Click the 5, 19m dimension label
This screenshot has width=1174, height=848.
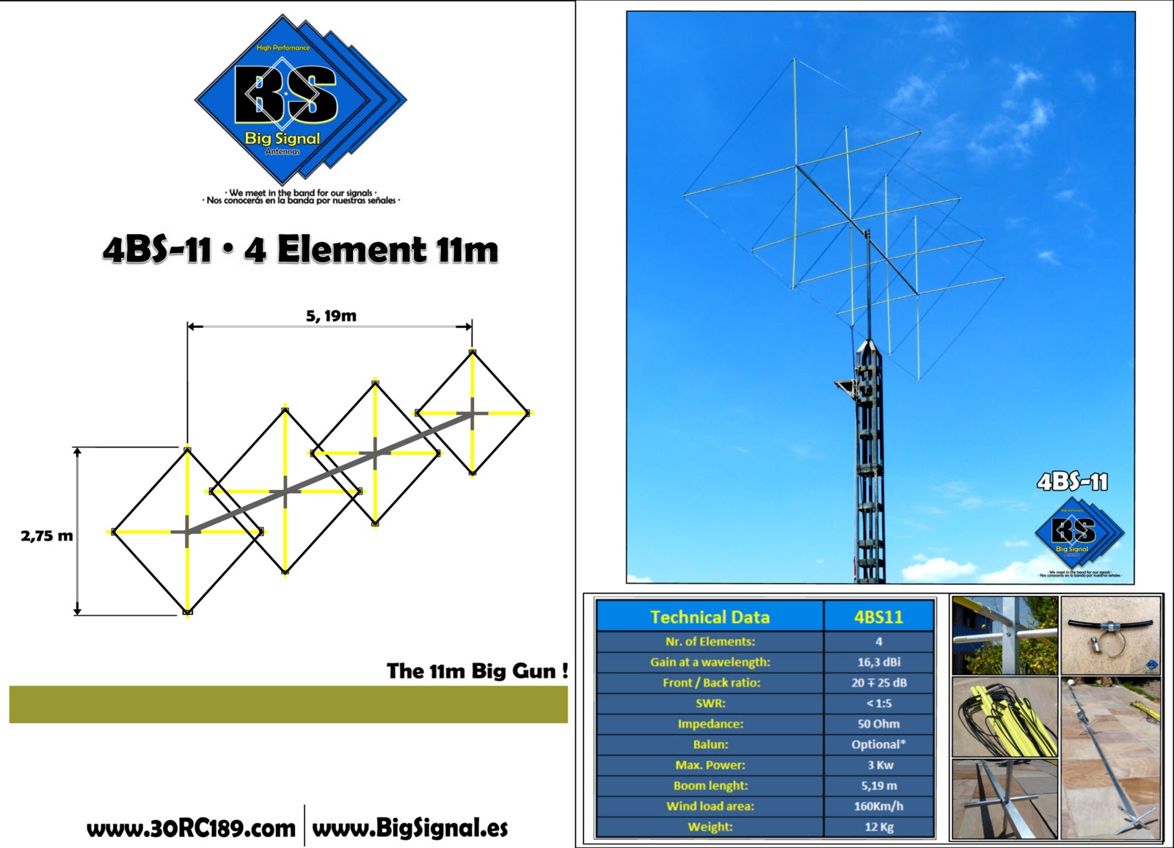(331, 316)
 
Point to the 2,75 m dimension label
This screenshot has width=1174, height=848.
(47, 536)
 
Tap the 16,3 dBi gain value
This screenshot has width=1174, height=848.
(878, 662)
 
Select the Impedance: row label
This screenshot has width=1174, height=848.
(710, 723)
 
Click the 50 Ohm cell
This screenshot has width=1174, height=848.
(878, 723)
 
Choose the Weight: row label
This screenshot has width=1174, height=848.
(710, 826)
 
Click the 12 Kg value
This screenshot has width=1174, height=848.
(878, 826)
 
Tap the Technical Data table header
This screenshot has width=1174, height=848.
(710, 617)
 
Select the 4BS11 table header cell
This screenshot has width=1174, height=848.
(878, 617)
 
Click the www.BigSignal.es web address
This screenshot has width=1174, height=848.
(410, 828)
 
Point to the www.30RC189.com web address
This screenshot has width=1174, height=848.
(191, 829)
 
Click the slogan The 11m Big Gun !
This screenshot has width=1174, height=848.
(477, 670)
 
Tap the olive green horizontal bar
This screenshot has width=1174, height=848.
(288, 704)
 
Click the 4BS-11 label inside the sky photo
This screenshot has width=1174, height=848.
(1072, 481)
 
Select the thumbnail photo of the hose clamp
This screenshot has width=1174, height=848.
(1110, 635)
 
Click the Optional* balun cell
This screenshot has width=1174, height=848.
(878, 744)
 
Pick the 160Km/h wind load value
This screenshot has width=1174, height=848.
(878, 805)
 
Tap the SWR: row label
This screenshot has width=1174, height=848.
(710, 703)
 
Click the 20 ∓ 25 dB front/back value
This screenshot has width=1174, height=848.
(878, 682)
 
